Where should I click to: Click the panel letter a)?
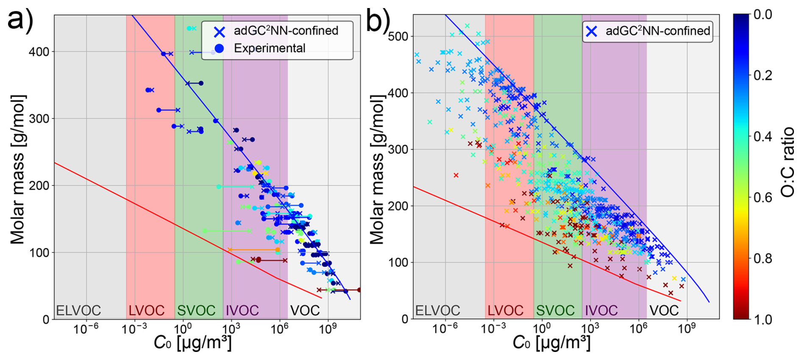[20, 19]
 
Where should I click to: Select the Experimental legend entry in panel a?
[269, 48]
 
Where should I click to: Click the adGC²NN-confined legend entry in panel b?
[657, 31]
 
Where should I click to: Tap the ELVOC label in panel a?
[78, 311]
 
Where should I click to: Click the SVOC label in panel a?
[196, 311]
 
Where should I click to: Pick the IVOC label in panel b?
[601, 311]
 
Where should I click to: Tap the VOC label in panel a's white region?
[305, 311]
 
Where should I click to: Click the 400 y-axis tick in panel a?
[39, 52]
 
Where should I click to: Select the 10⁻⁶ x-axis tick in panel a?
[86, 329]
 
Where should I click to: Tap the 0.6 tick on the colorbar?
[763, 198]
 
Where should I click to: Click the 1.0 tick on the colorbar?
[763, 319]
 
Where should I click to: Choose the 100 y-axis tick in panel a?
[39, 253]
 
